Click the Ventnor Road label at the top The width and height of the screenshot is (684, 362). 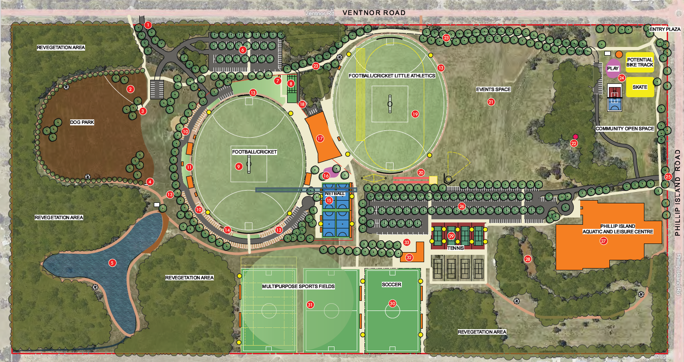point(374,12)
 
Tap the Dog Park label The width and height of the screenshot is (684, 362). point(82,122)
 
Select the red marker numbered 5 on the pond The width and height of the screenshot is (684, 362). point(112,263)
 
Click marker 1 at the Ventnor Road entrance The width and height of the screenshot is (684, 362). point(148,26)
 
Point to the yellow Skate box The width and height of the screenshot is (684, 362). point(639,87)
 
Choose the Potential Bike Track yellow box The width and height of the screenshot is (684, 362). point(639,62)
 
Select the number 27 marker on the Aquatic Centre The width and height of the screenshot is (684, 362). point(604,241)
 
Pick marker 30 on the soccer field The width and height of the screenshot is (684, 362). point(393,303)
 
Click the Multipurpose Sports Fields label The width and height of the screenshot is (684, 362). point(298,286)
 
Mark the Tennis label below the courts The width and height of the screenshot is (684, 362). point(455,248)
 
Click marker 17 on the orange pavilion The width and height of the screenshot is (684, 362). point(320,138)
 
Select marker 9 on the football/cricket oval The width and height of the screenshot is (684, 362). point(238,166)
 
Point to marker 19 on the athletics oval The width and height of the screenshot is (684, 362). point(415,114)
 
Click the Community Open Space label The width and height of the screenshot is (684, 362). point(625,129)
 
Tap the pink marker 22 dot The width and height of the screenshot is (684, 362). point(575,137)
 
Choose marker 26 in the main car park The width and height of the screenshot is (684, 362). point(462,207)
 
